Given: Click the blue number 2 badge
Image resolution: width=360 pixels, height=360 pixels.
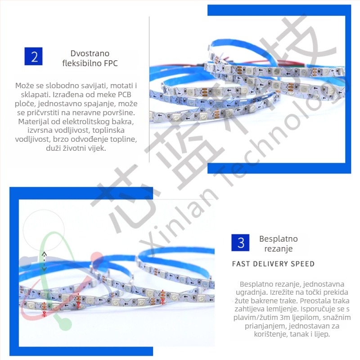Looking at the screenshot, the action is coord(33,56).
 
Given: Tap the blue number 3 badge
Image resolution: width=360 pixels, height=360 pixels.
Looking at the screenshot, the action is coord(240,243).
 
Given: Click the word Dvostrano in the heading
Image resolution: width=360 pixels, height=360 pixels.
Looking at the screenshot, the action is coord(90,53).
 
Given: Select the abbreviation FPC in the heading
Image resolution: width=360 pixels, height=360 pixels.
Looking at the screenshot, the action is coord(111,63).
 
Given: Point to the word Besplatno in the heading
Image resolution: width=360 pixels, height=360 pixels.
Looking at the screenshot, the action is coord(278,239).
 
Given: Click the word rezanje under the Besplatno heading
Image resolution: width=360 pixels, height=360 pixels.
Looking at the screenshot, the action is coord(279,249).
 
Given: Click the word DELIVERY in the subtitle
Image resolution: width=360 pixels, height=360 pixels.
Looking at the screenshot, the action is coord(270,264).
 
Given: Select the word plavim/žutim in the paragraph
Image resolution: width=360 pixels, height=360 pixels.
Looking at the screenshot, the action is coord(256,318).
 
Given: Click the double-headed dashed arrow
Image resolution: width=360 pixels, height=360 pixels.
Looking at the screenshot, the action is coord(44,261).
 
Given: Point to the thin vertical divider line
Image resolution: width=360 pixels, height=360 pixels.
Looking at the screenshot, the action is coord(149,89).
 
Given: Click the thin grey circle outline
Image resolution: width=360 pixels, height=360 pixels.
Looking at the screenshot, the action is coord(44,210).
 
